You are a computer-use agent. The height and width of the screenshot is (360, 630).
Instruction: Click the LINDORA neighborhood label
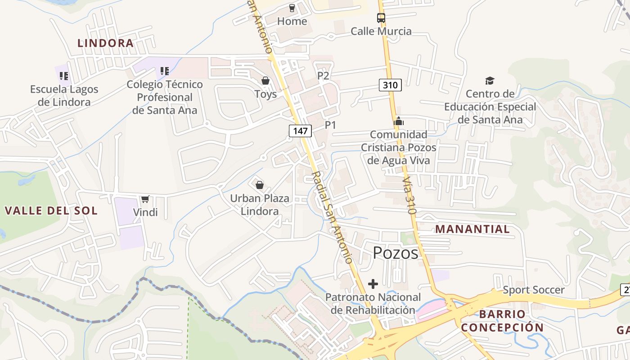point(105,43)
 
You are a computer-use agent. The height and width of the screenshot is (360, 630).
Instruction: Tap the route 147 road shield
point(300,131)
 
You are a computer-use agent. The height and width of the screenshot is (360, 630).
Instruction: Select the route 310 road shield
point(390,85)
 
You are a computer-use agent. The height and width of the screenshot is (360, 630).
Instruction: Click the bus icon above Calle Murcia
point(381,18)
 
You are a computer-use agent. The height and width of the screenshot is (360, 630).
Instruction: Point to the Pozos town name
point(396,253)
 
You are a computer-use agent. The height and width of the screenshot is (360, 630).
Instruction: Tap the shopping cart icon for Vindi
point(145,199)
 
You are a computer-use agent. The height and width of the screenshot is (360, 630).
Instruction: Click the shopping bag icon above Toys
point(265,81)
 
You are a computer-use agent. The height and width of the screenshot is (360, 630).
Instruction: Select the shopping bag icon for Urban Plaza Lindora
point(260,184)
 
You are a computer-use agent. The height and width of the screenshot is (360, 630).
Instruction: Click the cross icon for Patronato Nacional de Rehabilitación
point(373,284)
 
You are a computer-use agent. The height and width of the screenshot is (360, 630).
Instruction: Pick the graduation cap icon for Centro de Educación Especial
point(490,81)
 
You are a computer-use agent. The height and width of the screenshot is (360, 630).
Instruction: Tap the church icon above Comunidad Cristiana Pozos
point(399,121)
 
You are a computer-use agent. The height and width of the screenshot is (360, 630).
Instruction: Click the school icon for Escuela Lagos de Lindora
point(64,76)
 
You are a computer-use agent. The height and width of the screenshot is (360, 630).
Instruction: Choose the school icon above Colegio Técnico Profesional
point(165,71)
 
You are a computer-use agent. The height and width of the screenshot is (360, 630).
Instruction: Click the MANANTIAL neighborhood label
point(472,229)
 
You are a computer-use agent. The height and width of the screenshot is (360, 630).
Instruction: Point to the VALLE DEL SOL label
point(51,211)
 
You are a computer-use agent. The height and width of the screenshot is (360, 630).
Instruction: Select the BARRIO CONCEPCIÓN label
point(502,321)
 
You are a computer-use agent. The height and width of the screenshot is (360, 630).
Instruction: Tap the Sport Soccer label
point(533,290)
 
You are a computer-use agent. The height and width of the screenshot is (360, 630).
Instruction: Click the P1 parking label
point(330,125)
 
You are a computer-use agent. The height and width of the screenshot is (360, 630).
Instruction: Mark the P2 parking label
point(323,76)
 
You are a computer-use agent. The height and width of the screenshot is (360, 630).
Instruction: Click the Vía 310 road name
point(409,195)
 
